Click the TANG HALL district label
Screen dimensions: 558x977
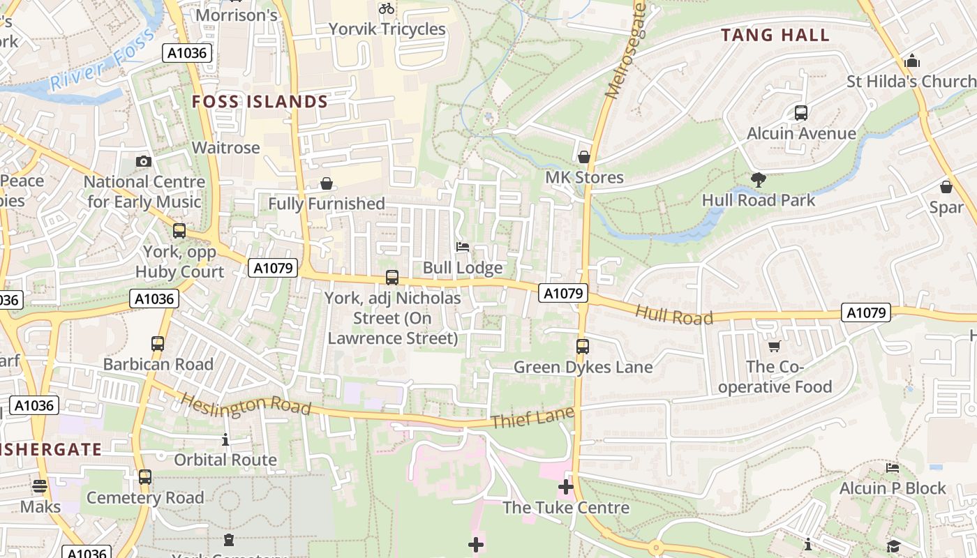775,35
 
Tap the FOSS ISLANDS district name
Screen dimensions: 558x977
260,102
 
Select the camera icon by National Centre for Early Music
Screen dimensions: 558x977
143,161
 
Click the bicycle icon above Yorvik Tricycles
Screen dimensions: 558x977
386,8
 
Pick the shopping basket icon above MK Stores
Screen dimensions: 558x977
584,157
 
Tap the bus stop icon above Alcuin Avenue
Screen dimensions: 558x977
801,112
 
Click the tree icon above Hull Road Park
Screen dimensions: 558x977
758,180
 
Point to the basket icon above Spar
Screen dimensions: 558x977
946,187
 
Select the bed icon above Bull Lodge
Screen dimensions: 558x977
462,247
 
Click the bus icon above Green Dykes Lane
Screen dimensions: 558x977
582,346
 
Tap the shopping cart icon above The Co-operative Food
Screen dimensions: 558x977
774,346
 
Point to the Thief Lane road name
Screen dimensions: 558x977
532,418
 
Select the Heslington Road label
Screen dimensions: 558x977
246,405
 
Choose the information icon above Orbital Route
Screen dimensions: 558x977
225,439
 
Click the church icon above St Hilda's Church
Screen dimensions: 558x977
911,61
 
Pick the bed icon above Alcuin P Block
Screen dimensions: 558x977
892,467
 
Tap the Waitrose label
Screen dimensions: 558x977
225,148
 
